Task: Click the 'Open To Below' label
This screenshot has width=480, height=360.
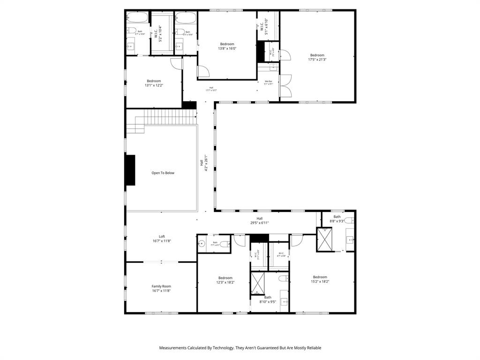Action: pos(163,173)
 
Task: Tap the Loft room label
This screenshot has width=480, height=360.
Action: pos(162,239)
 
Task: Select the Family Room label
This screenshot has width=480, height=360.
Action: pos(161,288)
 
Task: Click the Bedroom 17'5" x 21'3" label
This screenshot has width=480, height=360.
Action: pos(317,57)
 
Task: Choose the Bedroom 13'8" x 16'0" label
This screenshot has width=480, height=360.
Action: pos(227,46)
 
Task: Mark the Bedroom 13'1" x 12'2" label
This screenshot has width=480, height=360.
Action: pos(154,83)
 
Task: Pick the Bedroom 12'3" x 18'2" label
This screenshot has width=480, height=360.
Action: pos(225,280)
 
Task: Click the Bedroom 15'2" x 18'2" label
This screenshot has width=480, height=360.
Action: pos(320,279)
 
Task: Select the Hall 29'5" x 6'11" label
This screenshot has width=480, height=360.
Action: pos(259,221)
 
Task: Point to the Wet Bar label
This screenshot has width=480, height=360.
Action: pos(269,82)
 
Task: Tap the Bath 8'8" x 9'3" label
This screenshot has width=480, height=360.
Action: pos(337,218)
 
